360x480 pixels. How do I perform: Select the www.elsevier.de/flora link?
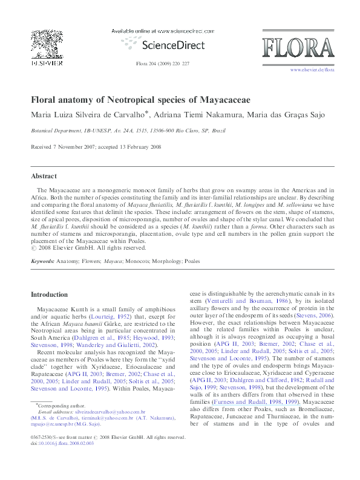312,70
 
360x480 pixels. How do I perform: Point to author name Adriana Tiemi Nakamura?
206,114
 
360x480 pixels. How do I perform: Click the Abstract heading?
44,176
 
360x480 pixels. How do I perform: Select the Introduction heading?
50,294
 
